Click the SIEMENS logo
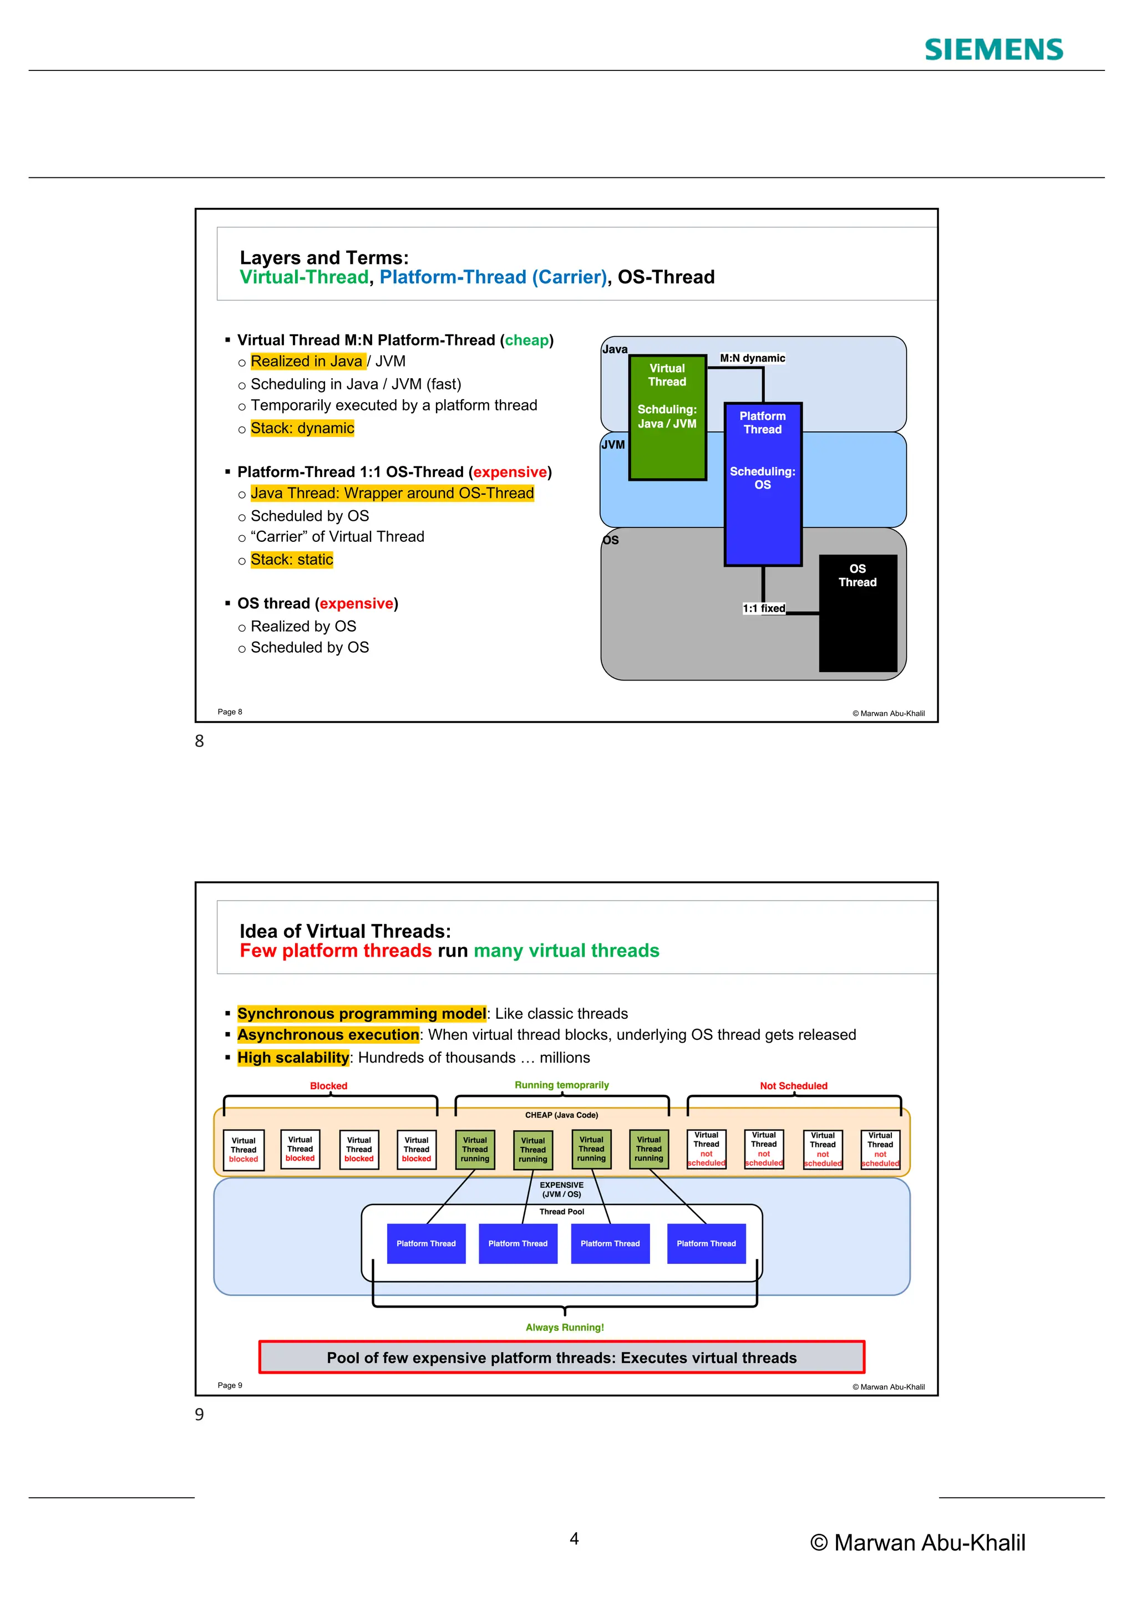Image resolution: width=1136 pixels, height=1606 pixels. coord(993,50)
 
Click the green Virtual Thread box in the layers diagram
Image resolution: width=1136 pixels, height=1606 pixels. coord(667,418)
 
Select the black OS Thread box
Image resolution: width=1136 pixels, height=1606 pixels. coord(858,613)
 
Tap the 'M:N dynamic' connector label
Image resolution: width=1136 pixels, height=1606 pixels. coord(752,358)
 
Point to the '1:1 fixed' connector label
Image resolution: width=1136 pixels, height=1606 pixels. coord(763,608)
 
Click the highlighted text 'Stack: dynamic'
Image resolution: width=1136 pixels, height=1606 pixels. coord(302,428)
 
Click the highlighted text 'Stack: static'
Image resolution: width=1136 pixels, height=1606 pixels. coord(292,560)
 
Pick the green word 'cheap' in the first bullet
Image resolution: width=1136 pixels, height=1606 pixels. coord(527,340)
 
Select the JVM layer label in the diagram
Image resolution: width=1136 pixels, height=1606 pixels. coord(613,445)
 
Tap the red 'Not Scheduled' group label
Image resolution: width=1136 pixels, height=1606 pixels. coord(793,1086)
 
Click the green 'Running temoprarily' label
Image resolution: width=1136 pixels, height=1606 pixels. coord(562,1085)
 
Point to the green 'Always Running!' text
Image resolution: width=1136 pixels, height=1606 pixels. coord(565,1327)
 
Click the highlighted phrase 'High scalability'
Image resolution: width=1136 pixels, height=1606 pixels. coord(292,1058)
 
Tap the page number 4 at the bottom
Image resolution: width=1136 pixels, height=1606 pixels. coord(574,1539)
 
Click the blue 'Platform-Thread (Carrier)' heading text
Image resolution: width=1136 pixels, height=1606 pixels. coord(493,277)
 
